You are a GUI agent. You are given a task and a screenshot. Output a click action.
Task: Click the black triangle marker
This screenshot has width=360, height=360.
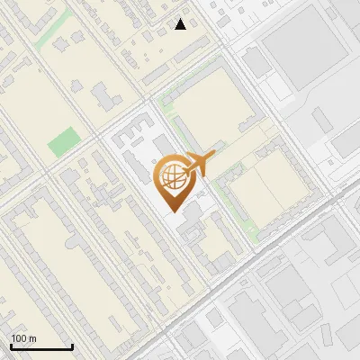tap(181, 24)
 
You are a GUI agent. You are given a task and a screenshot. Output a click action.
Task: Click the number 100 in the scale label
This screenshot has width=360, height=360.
tap(19, 339)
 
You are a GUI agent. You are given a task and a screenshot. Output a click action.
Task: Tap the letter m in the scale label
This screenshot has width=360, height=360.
tap(32, 339)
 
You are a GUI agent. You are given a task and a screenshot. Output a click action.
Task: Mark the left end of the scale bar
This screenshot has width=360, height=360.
tap(11, 346)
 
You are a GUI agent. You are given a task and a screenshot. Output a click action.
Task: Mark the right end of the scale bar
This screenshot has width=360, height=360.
tap(72, 346)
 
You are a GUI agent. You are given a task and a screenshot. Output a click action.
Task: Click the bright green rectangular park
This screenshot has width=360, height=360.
tap(63, 141)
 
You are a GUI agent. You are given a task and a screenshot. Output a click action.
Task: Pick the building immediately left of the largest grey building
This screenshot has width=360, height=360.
tap(257, 61)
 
